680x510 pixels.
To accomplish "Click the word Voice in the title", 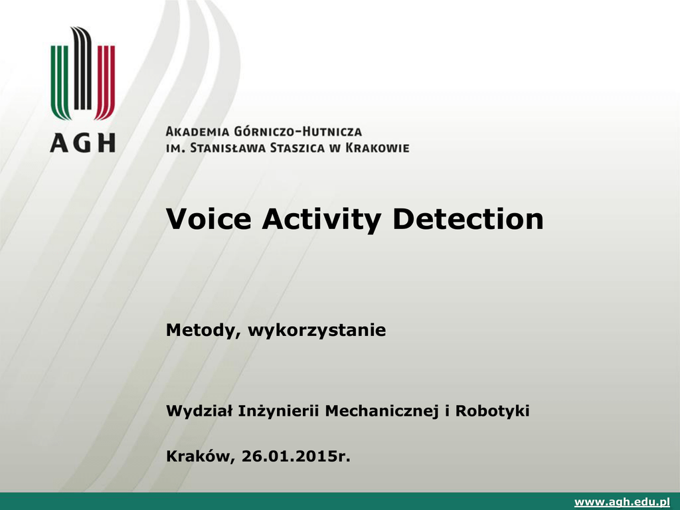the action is point(209,218).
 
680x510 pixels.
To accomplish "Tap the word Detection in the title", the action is point(467,218).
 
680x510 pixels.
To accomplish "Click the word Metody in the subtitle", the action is point(203,331).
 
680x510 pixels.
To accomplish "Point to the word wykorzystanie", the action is point(317,331).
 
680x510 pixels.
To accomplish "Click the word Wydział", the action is point(199,410).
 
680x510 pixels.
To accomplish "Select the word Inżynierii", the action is point(278,410).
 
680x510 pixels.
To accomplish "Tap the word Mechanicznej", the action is point(382,410).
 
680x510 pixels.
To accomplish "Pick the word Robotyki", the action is point(492,410).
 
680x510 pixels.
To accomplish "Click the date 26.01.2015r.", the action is point(296,456).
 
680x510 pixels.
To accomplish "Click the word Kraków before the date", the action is point(201,457).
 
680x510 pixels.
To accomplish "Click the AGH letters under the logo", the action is point(83,143).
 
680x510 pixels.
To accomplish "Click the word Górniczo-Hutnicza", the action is point(297,131).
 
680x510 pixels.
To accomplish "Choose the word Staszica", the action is point(297,148).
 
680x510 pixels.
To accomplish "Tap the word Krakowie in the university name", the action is point(377,148).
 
